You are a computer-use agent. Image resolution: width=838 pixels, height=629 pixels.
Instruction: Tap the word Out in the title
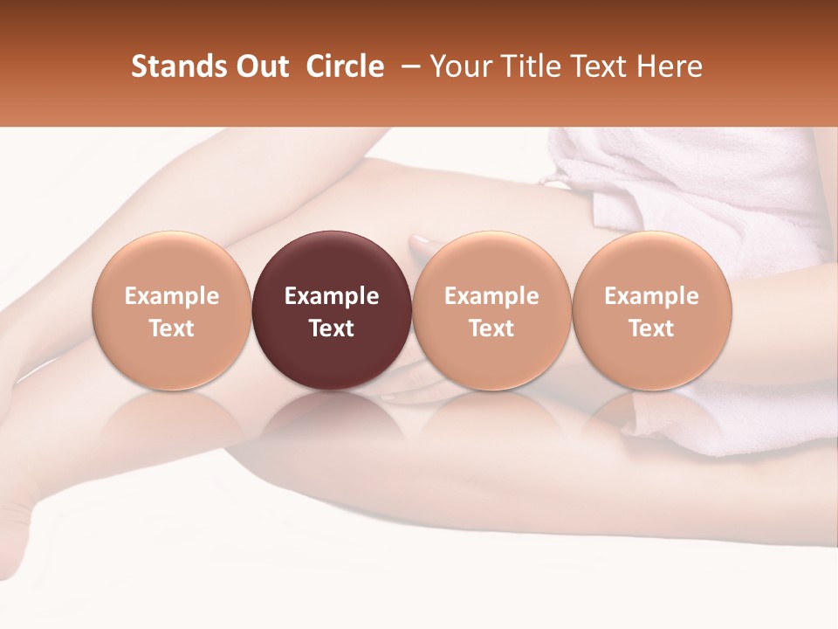point(261,66)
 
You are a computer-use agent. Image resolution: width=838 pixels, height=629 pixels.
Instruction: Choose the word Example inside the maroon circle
point(332,296)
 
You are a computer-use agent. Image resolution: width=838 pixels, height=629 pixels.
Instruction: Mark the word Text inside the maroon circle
point(332,328)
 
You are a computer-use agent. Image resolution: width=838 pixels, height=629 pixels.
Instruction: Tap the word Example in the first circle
point(171,296)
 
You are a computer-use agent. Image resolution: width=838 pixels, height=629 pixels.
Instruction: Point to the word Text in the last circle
point(651,328)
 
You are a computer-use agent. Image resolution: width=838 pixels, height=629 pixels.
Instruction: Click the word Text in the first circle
point(171,328)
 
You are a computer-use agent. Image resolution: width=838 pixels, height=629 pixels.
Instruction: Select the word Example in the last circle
point(651,296)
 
